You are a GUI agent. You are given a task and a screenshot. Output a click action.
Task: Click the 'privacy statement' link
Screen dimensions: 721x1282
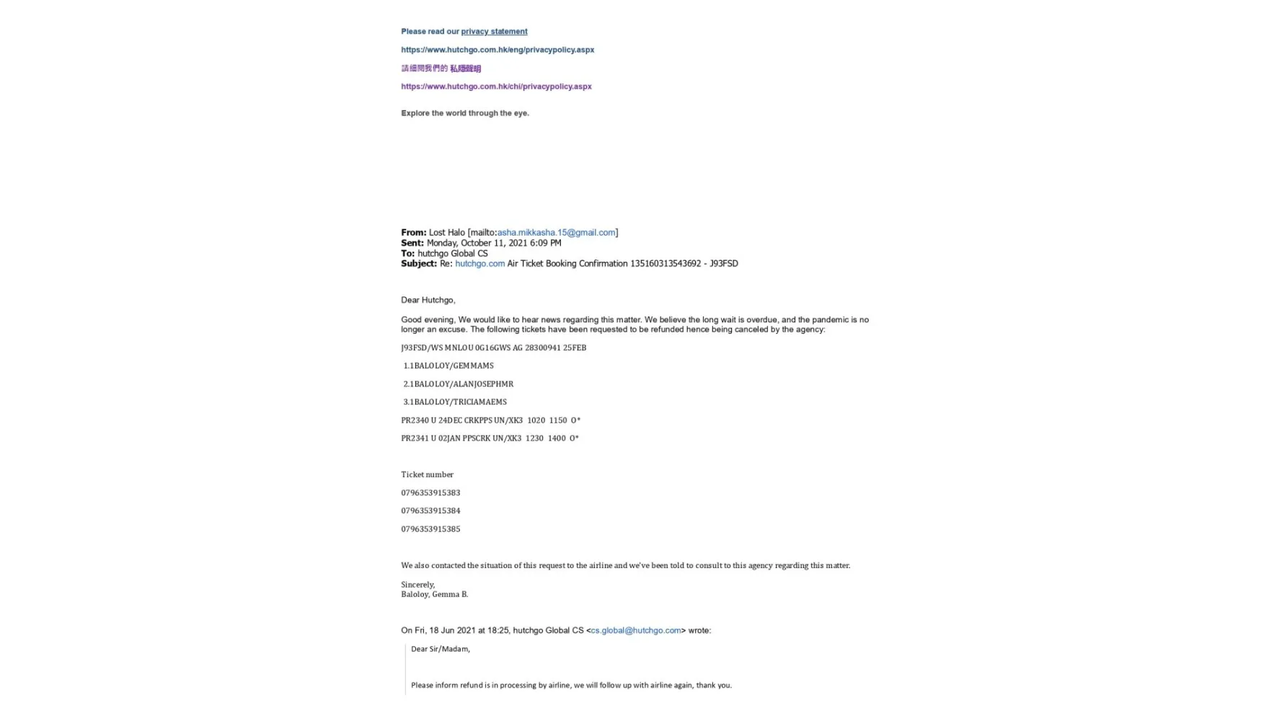tap(494, 32)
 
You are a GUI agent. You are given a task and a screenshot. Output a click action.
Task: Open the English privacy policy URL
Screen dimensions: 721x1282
tap(498, 50)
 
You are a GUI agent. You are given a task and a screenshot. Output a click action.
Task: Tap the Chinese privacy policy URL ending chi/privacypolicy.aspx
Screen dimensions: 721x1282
tap(496, 87)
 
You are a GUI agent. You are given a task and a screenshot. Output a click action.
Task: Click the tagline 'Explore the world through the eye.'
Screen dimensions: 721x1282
tap(465, 113)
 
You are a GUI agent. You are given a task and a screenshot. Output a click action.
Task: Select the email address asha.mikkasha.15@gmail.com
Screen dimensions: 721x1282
tap(556, 232)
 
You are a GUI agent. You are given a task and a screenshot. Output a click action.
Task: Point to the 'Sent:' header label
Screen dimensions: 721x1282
tap(412, 243)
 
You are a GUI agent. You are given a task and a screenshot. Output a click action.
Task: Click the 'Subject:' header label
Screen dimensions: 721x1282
tap(419, 264)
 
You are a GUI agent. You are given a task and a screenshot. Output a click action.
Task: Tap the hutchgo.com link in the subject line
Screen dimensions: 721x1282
tap(479, 264)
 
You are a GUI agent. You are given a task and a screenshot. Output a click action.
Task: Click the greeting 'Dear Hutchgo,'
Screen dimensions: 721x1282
tap(428, 300)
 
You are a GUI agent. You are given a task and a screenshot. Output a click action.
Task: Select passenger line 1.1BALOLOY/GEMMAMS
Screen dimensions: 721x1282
tap(448, 366)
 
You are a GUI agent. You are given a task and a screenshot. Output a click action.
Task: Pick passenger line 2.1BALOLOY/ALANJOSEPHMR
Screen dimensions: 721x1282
tap(458, 384)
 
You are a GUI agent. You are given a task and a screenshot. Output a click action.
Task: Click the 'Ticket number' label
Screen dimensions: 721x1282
tap(428, 474)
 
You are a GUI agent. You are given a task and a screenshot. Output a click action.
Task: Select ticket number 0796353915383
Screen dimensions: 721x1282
tap(430, 493)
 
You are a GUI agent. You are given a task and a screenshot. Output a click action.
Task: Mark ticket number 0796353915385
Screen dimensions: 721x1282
tap(430, 529)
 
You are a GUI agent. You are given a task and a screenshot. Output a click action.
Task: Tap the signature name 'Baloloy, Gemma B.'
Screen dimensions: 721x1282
tap(435, 594)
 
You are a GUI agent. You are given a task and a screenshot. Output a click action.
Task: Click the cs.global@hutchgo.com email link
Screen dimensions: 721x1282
tap(635, 630)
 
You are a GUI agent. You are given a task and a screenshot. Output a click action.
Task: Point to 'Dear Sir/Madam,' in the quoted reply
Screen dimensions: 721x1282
tap(441, 649)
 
